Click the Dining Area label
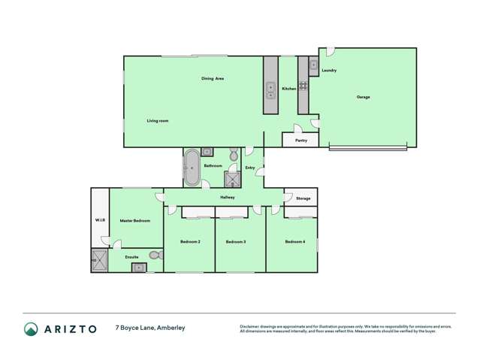[x=213, y=78]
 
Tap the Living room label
[x=157, y=121]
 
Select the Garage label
[x=363, y=97]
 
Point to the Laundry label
[x=329, y=71]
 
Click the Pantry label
[x=301, y=141]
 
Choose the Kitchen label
[x=288, y=89]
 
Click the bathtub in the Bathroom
[x=192, y=167]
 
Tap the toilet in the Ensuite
[x=155, y=256]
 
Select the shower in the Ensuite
[x=99, y=260]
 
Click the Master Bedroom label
[x=136, y=221]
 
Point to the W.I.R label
[x=99, y=220]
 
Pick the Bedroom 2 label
[x=190, y=242]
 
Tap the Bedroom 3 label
[x=236, y=242]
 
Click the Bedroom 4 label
[x=295, y=242]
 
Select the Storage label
[x=303, y=198]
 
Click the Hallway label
[x=228, y=197]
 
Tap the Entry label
[x=250, y=168]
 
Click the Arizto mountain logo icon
[x=31, y=328]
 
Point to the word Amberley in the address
[x=170, y=328]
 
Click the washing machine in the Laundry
[x=313, y=65]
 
